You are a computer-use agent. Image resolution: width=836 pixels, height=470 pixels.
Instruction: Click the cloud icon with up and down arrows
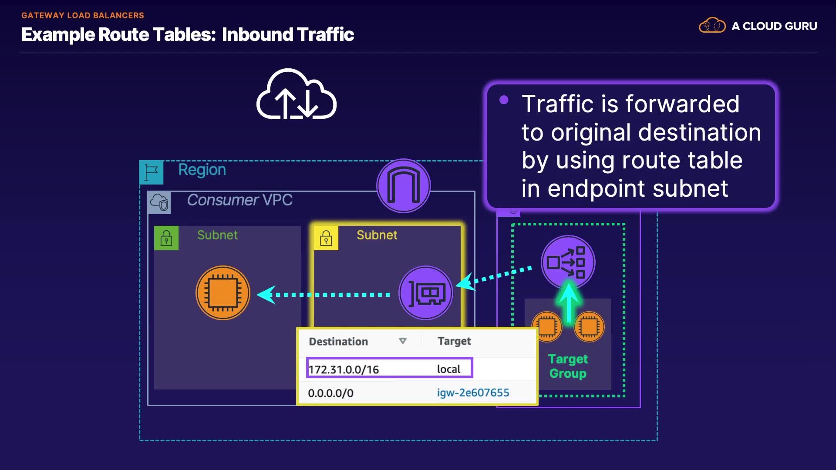tap(297, 94)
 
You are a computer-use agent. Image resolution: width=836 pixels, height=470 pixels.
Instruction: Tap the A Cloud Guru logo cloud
tap(712, 25)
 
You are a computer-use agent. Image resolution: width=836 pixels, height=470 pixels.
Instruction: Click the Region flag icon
tap(151, 172)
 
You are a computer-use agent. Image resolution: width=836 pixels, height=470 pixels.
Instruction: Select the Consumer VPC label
tap(239, 200)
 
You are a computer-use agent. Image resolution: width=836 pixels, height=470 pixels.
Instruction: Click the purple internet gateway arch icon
tap(404, 186)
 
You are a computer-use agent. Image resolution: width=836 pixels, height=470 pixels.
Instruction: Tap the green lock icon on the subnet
tap(166, 238)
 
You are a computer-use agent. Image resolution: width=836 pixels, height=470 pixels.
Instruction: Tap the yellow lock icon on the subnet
tap(326, 238)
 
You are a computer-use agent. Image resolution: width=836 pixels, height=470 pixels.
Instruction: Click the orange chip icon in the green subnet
tap(223, 292)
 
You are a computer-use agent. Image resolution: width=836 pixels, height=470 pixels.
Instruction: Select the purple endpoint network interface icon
tap(426, 292)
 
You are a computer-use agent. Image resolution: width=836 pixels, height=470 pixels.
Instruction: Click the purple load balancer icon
tap(568, 262)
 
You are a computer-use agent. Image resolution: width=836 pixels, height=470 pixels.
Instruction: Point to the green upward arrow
tap(569, 302)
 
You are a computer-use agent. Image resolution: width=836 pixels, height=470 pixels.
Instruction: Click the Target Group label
tap(568, 366)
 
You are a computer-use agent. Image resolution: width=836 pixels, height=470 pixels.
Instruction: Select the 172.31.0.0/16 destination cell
tap(344, 369)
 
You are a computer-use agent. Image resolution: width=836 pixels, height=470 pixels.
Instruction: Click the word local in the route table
tap(448, 369)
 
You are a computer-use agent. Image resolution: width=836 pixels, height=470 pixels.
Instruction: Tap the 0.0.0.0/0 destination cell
tap(330, 393)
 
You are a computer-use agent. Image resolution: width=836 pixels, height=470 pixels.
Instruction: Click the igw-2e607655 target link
tap(473, 393)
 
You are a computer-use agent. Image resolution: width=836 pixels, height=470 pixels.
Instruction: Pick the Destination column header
tap(338, 341)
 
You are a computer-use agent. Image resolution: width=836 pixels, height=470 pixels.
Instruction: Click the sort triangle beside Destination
tap(403, 341)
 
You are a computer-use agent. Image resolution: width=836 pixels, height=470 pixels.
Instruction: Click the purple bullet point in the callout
tap(504, 100)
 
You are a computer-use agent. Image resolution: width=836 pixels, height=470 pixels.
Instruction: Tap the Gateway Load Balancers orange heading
tap(83, 15)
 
